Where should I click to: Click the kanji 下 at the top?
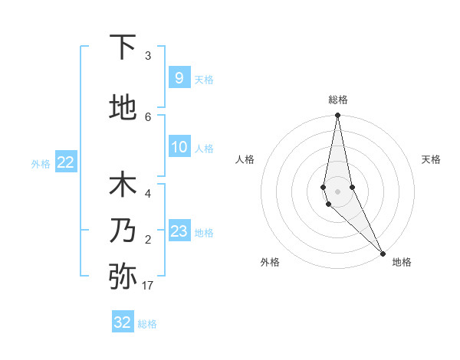click(123, 47)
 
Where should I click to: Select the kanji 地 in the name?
click(123, 107)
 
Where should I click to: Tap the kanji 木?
click(123, 185)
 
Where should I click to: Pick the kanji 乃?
click(123, 231)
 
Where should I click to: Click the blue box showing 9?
click(179, 77)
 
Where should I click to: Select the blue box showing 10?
click(179, 147)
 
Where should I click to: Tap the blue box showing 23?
click(179, 231)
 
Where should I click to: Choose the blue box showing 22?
click(65, 162)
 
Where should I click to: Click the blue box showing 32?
click(123, 322)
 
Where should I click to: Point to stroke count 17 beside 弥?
click(147, 286)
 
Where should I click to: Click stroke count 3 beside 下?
click(148, 56)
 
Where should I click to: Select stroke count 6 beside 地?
click(148, 116)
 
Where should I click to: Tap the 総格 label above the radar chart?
click(338, 100)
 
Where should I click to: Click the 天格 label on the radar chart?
click(431, 159)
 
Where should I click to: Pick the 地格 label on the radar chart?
click(402, 262)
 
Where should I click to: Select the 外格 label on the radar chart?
click(270, 262)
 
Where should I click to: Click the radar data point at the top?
click(337, 115)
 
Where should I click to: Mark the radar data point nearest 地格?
click(383, 253)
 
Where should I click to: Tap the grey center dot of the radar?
click(337, 191)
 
